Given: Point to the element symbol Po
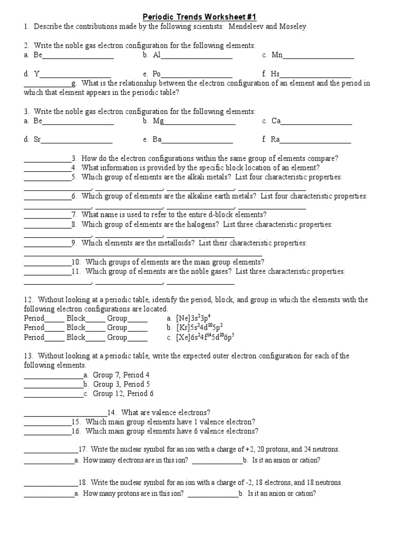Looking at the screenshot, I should click(157, 74).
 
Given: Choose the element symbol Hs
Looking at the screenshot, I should click(275, 74).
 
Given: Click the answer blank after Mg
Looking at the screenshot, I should click(200, 121).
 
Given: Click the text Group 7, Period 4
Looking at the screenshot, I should click(121, 375).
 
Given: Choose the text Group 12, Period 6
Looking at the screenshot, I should click(123, 393).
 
